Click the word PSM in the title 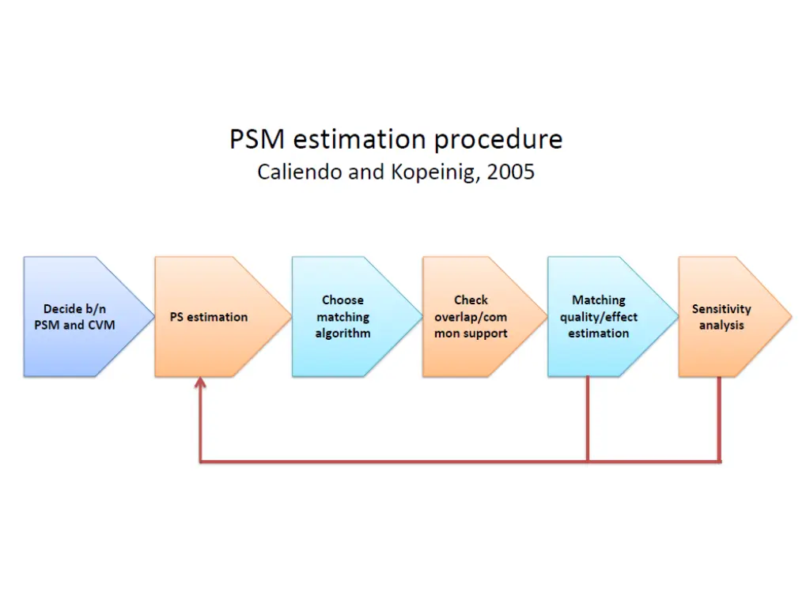tap(258, 140)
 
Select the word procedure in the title tap(498, 140)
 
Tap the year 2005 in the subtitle tap(510, 172)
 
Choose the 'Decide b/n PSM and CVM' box tap(79, 316)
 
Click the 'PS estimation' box tap(209, 316)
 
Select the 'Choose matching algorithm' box tap(343, 316)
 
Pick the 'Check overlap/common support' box tap(471, 316)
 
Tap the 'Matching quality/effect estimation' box tap(599, 316)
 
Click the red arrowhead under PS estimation tap(201, 383)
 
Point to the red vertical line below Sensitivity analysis tap(719, 419)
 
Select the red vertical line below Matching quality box tap(587, 419)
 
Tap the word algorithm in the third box tap(343, 334)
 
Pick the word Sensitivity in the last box tap(721, 309)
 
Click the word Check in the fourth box tap(471, 300)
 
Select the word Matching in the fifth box tap(599, 300)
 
